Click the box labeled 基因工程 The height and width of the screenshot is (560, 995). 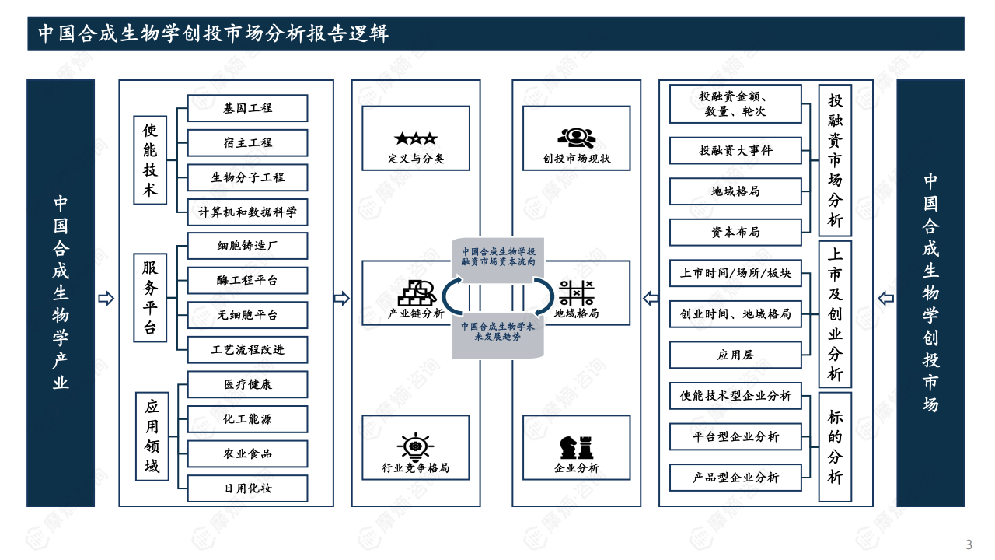pos(247,108)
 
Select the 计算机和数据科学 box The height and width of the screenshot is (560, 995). pos(247,212)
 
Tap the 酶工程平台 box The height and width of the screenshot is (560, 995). pos(247,280)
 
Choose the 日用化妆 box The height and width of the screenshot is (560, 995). pos(247,488)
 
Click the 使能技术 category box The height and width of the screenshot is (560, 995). pos(150,160)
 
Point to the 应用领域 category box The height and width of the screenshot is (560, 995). pos(152,436)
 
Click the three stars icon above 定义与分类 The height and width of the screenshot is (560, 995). pos(416,139)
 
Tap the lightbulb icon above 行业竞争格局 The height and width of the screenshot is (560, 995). pos(415,446)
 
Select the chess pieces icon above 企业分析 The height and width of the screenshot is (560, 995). pos(576,447)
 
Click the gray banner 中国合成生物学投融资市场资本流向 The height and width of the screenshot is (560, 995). pos(498,257)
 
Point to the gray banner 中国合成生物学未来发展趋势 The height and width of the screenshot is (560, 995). pos(498,332)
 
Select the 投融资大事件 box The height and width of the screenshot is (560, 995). pos(735,150)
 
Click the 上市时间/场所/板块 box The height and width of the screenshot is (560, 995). pos(735,273)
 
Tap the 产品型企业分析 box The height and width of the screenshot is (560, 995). pos(735,478)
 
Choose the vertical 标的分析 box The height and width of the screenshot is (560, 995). pos(835,446)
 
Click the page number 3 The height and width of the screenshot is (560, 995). pos(969,544)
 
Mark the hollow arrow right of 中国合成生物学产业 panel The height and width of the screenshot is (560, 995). pos(106,299)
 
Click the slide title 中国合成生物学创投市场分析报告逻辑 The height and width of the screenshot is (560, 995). pos(214,34)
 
